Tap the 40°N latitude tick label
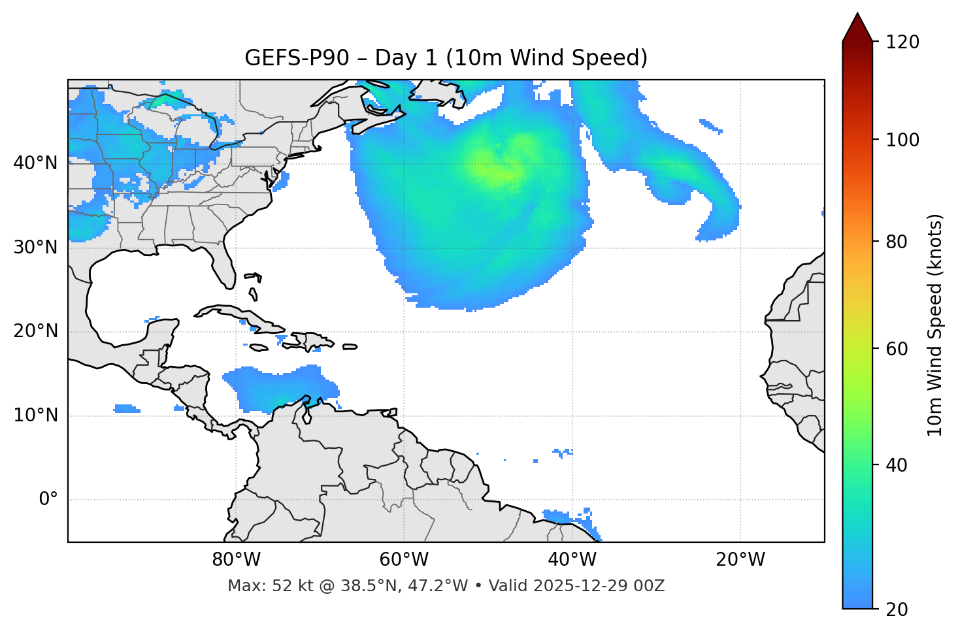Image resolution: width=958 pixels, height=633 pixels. pyautogui.click(x=35, y=163)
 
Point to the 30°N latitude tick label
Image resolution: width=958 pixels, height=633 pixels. pyautogui.click(x=35, y=248)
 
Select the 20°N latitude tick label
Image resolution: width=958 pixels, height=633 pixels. pyautogui.click(x=35, y=331)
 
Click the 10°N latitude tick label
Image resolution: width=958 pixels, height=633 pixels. pyautogui.click(x=35, y=415)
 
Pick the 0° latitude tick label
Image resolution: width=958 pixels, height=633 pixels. pyautogui.click(x=48, y=500)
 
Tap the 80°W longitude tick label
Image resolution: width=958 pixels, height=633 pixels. pyautogui.click(x=236, y=560)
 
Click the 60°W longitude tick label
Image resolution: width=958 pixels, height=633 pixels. pyautogui.click(x=404, y=560)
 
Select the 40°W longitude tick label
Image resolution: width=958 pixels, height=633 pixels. pyautogui.click(x=572, y=560)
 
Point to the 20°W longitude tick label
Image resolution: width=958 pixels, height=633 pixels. pyautogui.click(x=740, y=560)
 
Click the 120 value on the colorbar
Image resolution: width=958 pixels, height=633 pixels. pyautogui.click(x=902, y=42)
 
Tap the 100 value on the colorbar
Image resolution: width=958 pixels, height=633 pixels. pyautogui.click(x=902, y=140)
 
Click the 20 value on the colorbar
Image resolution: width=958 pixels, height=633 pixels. pyautogui.click(x=897, y=609)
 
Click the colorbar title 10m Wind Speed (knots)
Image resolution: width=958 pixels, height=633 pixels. pyautogui.click(x=935, y=325)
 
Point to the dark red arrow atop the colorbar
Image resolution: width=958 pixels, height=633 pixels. pyautogui.click(x=857, y=27)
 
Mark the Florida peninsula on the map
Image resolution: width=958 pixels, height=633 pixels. pyautogui.click(x=224, y=268)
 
